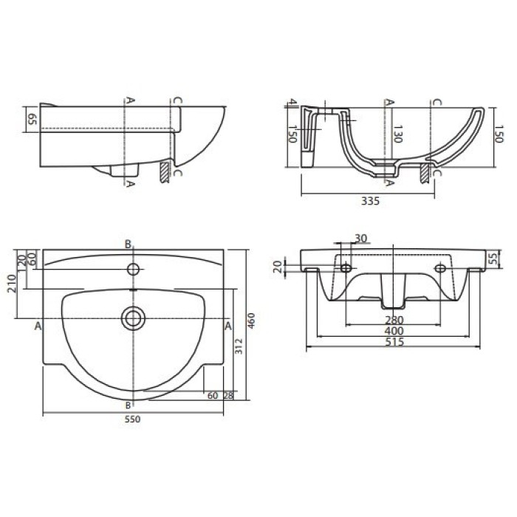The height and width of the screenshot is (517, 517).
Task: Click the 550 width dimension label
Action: tap(132, 419)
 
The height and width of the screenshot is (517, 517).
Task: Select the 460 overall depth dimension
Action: tap(251, 321)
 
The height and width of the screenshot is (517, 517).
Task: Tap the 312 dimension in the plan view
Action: tap(239, 346)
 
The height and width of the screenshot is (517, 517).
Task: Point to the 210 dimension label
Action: tap(13, 284)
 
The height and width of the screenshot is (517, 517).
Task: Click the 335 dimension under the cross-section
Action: tap(370, 201)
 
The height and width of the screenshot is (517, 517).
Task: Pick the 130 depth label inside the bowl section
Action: tap(397, 134)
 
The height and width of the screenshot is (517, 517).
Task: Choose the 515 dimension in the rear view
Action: tap(394, 341)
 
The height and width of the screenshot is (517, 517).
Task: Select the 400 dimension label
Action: tap(394, 330)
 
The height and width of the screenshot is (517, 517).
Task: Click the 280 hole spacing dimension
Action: tap(394, 320)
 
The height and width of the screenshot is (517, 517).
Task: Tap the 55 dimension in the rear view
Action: tap(493, 259)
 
